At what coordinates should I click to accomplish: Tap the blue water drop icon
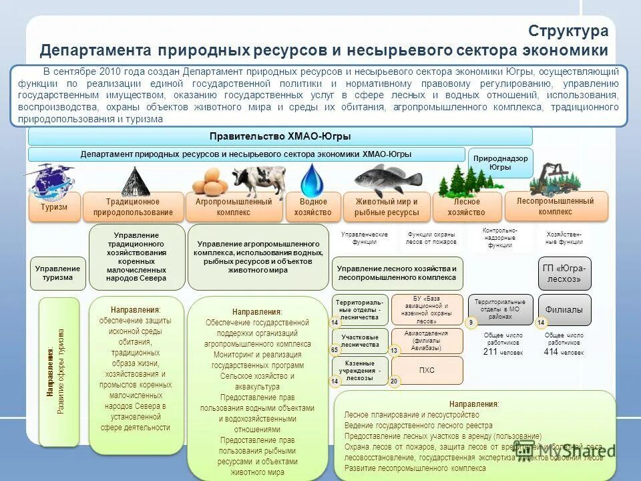click(x=312, y=180)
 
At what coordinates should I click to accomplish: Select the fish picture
click(x=380, y=179)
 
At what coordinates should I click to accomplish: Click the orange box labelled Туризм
click(x=54, y=206)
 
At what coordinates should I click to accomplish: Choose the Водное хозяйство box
click(x=313, y=207)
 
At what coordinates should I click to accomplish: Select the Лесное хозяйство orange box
click(x=466, y=207)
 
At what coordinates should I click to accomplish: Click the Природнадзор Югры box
click(x=500, y=162)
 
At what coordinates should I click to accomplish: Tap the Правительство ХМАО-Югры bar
click(x=280, y=136)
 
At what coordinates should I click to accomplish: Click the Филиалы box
click(x=564, y=309)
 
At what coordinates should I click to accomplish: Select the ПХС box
click(x=427, y=369)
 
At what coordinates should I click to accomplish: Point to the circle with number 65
click(x=335, y=349)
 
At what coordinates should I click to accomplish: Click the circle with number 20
click(x=394, y=381)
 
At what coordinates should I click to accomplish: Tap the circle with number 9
click(x=471, y=323)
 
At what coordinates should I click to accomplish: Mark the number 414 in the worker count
click(x=551, y=351)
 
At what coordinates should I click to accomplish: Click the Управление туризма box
click(x=57, y=273)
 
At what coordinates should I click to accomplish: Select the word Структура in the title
click(x=568, y=31)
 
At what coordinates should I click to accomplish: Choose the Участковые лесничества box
click(x=360, y=341)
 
